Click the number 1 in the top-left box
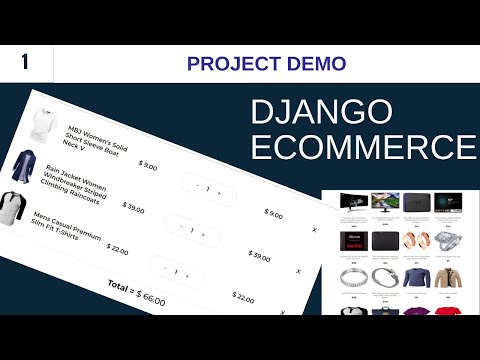[23, 62]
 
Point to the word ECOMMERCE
[362, 147]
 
